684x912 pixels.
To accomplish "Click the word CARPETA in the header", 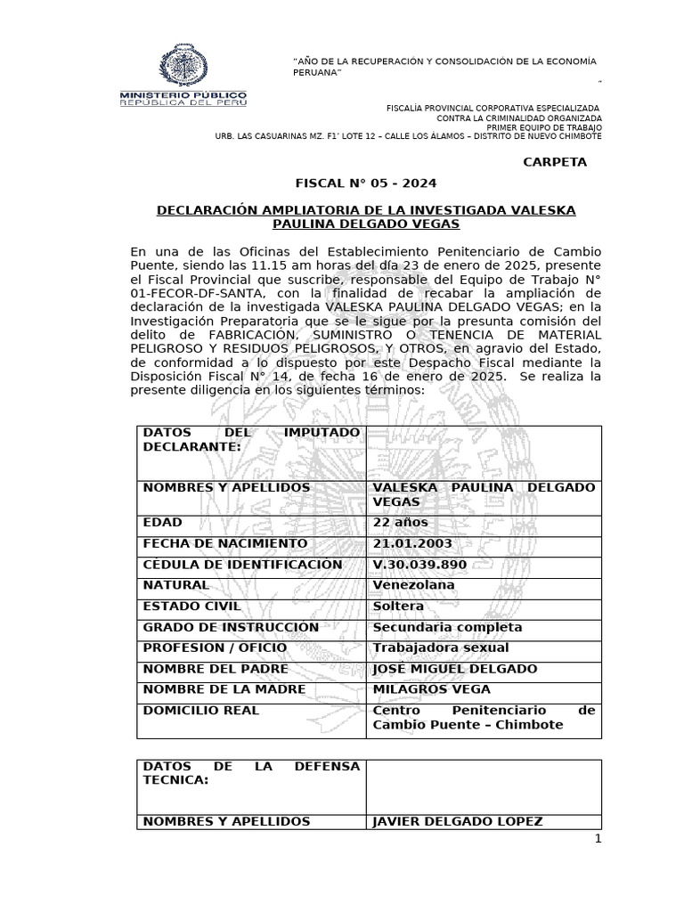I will [x=555, y=162].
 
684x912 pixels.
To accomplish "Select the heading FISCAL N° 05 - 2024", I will [x=366, y=183].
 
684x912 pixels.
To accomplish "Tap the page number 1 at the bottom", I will [x=598, y=839].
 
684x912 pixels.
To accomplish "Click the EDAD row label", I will [x=162, y=522].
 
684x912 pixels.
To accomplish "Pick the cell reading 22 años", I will [x=400, y=522].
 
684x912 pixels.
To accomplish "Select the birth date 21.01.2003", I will [x=412, y=543].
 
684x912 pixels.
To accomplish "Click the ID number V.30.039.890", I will [x=419, y=565].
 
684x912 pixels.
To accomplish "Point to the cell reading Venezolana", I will [x=413, y=585].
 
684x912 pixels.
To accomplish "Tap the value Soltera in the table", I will [x=397, y=607].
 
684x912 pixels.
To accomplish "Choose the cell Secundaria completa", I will [x=447, y=627].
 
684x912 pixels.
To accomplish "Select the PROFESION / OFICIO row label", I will [x=215, y=647].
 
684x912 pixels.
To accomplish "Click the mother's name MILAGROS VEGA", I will [x=431, y=689].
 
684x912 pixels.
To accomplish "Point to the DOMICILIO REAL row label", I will [x=201, y=710].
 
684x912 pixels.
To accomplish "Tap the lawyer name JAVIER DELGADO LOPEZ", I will [x=457, y=821].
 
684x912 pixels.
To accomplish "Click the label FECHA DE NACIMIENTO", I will [x=224, y=543].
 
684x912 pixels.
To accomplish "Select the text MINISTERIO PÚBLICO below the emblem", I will [x=183, y=94].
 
